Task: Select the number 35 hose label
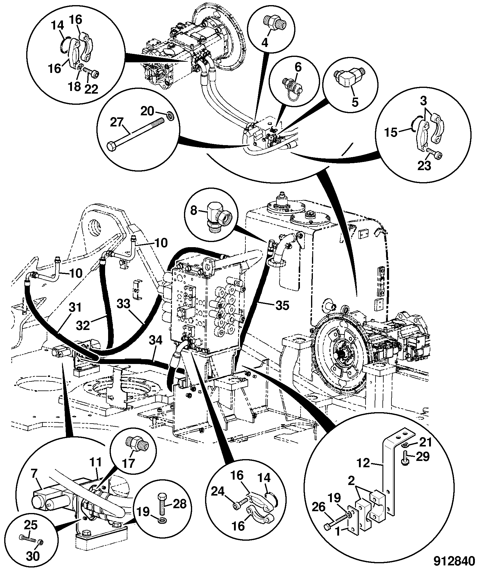point(282,306)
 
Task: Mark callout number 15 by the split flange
point(391,132)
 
